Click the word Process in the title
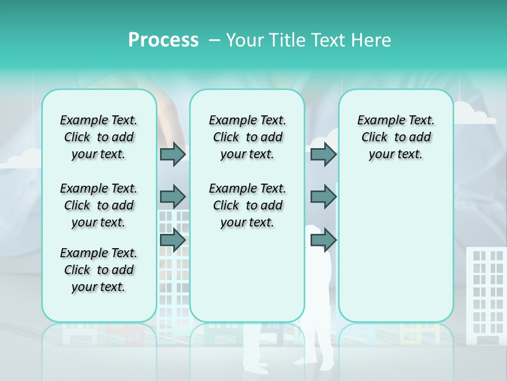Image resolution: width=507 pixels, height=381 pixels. [x=163, y=40]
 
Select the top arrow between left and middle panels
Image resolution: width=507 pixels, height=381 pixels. [x=173, y=154]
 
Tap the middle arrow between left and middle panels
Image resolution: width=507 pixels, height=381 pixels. [x=173, y=196]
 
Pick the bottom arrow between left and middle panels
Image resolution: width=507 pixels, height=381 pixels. [x=173, y=240]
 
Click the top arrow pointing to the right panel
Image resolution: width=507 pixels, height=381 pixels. [x=323, y=154]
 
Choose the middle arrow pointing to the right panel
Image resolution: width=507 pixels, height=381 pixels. [x=323, y=196]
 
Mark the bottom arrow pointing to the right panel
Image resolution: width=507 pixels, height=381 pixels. [x=323, y=240]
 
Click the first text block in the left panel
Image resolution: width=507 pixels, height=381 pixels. [x=99, y=137]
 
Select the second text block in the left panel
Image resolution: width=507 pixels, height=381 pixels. [x=99, y=205]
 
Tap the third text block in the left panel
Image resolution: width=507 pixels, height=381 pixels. [x=99, y=270]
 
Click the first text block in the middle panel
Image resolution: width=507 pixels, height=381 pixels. [x=247, y=137]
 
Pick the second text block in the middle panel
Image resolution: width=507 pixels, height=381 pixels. [x=247, y=205]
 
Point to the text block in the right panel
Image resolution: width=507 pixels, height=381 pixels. [x=396, y=137]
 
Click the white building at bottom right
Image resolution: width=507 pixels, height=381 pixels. [x=485, y=291]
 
